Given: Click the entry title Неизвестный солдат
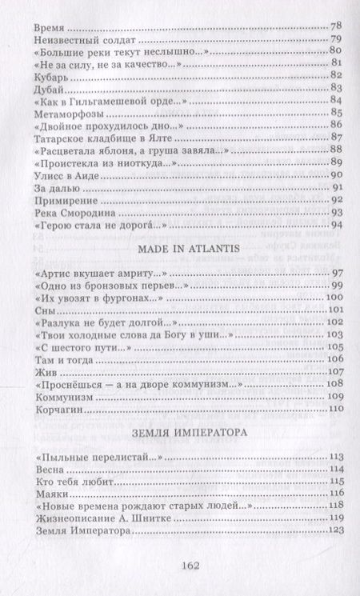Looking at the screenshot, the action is coord(76,38).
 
